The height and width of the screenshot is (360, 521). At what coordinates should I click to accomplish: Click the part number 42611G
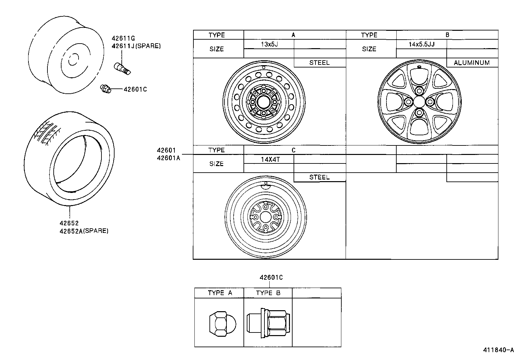[123, 38]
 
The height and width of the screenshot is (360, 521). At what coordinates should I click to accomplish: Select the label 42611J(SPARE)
[136, 46]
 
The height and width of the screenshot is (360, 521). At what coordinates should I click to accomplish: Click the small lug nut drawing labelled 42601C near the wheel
[105, 88]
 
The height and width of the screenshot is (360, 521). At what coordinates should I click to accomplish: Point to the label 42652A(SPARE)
[84, 231]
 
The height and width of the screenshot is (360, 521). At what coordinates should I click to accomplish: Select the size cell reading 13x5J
[269, 44]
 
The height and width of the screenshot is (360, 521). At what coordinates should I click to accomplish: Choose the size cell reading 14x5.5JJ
[422, 44]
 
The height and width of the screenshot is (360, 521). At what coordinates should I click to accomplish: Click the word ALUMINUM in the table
[472, 63]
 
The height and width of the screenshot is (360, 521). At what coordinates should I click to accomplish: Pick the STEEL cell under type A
[319, 63]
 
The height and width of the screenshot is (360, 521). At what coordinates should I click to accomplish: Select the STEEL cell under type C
[319, 177]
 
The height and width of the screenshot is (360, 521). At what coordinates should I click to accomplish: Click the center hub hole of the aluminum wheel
[420, 102]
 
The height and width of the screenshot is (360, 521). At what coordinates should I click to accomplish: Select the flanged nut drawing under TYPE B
[268, 323]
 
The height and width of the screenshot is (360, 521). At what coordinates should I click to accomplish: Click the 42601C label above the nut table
[271, 277]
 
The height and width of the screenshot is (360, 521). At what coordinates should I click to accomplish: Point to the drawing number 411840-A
[498, 350]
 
